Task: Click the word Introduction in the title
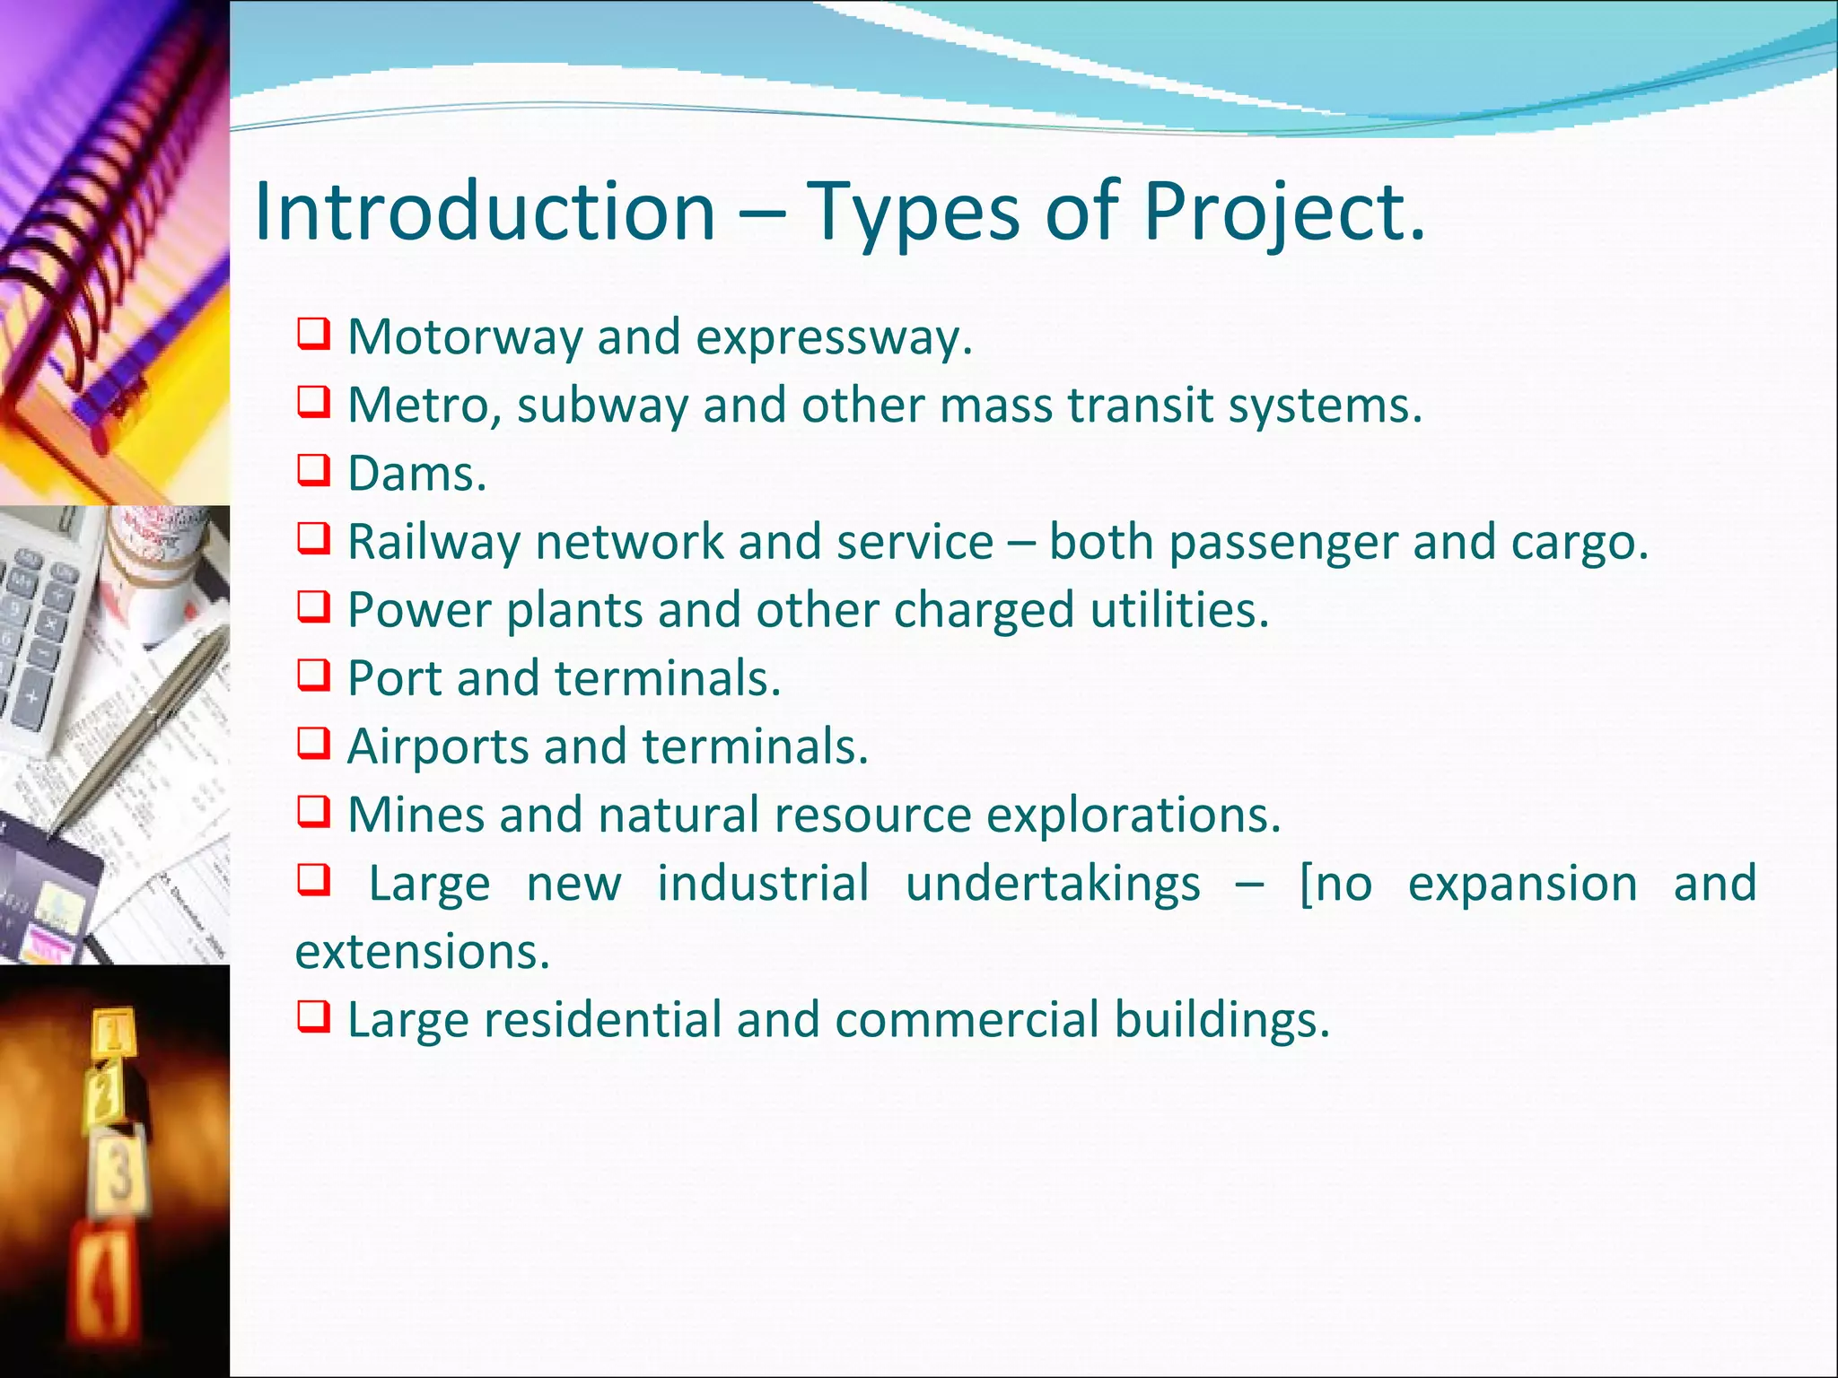(x=485, y=212)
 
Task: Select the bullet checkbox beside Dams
(x=313, y=470)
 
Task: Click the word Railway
(x=433, y=542)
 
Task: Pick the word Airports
(x=437, y=746)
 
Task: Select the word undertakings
(x=1052, y=883)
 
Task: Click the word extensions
(x=422, y=951)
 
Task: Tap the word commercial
(x=967, y=1020)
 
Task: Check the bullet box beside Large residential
(x=313, y=1016)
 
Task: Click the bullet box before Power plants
(x=313, y=607)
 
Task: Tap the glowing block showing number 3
(x=121, y=1171)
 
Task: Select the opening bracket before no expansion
(x=1306, y=885)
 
